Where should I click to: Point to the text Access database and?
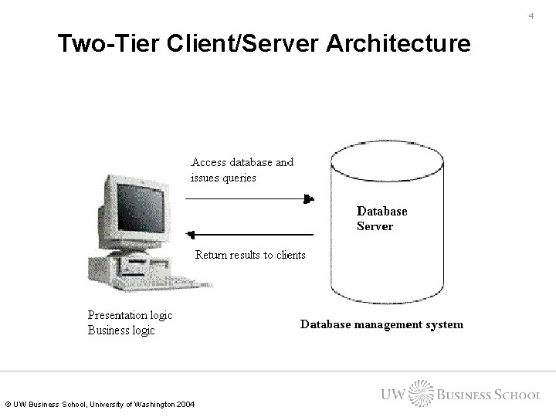tap(242, 162)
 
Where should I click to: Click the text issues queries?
tap(223, 177)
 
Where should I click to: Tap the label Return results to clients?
tap(250, 255)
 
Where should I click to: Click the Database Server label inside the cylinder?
tap(381, 219)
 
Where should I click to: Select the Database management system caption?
tap(381, 324)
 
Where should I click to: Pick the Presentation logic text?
tap(130, 315)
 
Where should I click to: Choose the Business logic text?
tap(121, 331)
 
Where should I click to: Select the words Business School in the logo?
tap(489, 395)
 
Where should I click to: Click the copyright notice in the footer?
tap(100, 405)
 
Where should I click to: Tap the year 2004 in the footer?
tap(185, 405)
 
